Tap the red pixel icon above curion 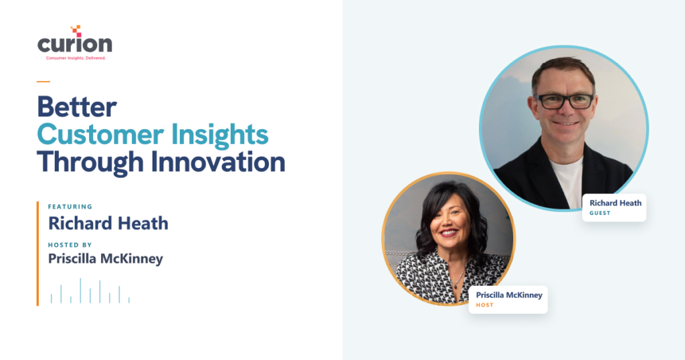(x=76, y=31)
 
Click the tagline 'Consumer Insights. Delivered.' (x=76, y=58)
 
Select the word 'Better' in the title (x=77, y=106)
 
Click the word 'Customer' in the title (x=100, y=134)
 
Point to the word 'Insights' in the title (x=219, y=134)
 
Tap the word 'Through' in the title (x=90, y=162)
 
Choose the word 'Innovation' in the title (x=218, y=162)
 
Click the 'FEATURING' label (x=70, y=207)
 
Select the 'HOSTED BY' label (x=70, y=245)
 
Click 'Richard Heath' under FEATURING (x=108, y=223)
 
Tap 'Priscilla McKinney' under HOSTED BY (x=106, y=259)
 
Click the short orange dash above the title (x=43, y=81)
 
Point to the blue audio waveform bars (x=90, y=291)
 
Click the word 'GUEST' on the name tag (x=600, y=213)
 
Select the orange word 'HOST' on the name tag (x=484, y=305)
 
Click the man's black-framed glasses (x=564, y=101)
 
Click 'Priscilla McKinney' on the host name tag (x=509, y=295)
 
